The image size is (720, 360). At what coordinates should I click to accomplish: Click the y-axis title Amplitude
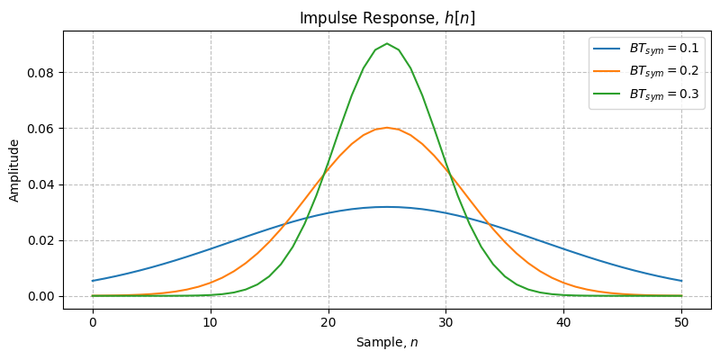[14, 169]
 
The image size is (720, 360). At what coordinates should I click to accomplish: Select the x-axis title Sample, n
[387, 343]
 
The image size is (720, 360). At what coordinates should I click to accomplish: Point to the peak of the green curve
[387, 43]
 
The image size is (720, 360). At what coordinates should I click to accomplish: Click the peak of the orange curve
[387, 128]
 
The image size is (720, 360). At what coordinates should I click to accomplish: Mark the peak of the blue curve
[387, 207]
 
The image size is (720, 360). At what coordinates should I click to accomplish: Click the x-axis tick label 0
[92, 320]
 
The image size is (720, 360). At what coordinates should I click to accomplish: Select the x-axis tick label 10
[210, 320]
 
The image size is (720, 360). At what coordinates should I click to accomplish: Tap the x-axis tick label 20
[328, 320]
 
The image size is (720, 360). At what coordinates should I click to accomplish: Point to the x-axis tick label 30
[445, 320]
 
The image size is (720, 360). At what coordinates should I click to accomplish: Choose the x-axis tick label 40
[563, 320]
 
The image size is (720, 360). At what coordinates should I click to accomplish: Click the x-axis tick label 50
[681, 320]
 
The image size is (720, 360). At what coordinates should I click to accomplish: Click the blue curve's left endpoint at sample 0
[92, 281]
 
